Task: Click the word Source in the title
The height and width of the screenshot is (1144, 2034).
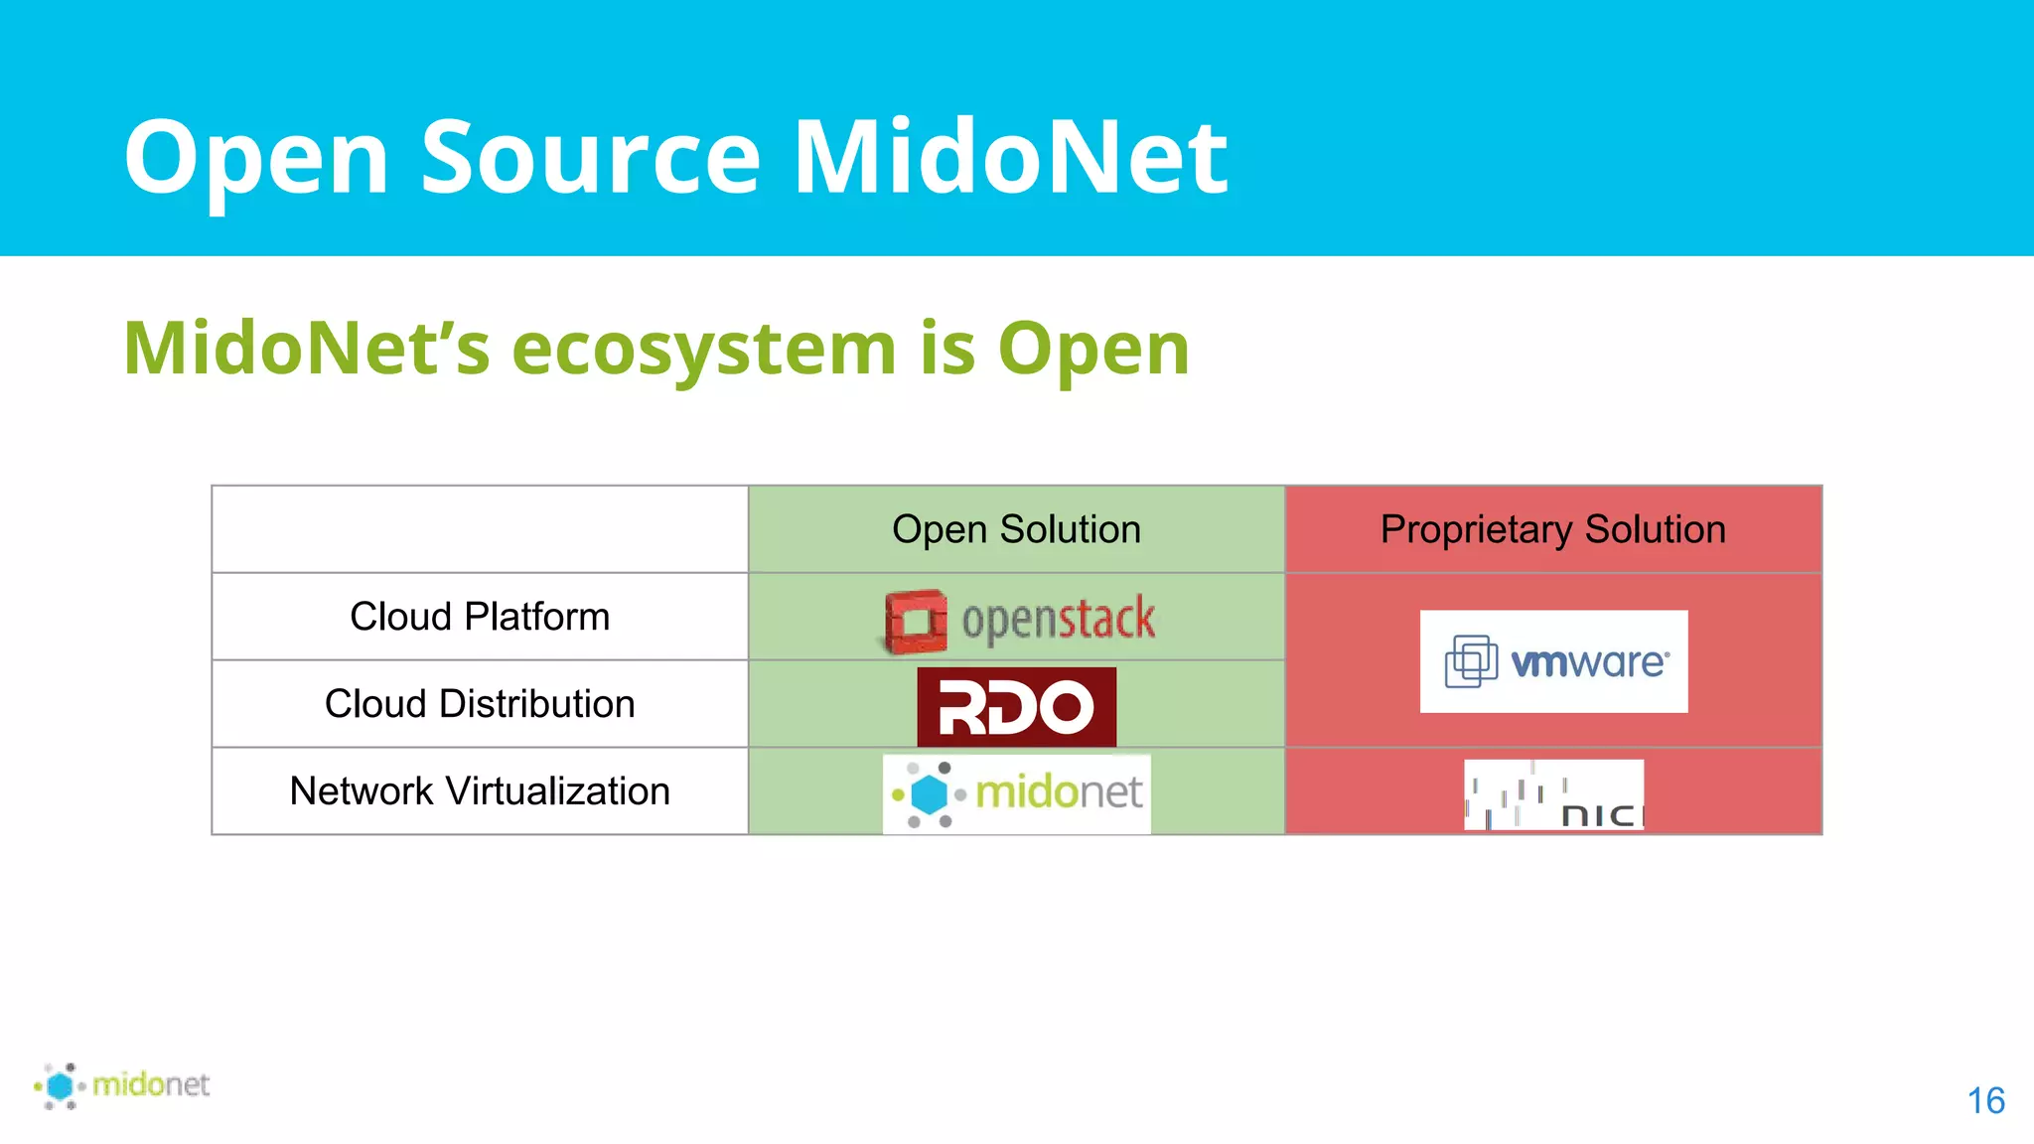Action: pyautogui.click(x=591, y=157)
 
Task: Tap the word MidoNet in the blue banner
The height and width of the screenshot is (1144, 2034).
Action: pyautogui.click(x=1010, y=157)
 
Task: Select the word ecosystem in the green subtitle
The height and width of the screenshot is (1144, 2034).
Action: pyautogui.click(x=703, y=349)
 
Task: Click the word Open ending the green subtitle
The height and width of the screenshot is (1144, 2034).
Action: pyautogui.click(x=1092, y=349)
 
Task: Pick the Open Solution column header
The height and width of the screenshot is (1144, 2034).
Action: pyautogui.click(x=1016, y=529)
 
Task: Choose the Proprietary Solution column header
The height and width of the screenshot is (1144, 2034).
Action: pyautogui.click(x=1552, y=529)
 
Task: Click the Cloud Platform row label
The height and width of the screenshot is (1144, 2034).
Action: pyautogui.click(x=480, y=617)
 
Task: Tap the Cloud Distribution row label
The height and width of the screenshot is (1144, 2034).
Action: pyautogui.click(x=480, y=704)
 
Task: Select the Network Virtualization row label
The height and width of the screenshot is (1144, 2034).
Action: pyautogui.click(x=480, y=791)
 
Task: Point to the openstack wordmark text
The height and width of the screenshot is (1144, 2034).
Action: pyautogui.click(x=1058, y=620)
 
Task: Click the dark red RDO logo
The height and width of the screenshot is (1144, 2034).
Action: pyautogui.click(x=1016, y=707)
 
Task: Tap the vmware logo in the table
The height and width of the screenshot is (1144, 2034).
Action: pyautogui.click(x=1553, y=661)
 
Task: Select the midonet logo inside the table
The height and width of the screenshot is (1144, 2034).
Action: pyautogui.click(x=1016, y=793)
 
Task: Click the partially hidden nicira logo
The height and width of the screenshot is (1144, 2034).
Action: pyautogui.click(x=1553, y=794)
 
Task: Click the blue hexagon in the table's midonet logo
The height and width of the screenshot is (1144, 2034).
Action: pyautogui.click(x=930, y=794)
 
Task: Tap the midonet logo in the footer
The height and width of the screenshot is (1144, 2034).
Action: pyautogui.click(x=122, y=1084)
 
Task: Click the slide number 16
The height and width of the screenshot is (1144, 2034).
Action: pyautogui.click(x=1985, y=1101)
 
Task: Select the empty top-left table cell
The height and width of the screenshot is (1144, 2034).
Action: pyautogui.click(x=480, y=529)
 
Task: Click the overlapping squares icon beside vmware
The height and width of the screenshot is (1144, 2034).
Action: pyautogui.click(x=1471, y=661)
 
